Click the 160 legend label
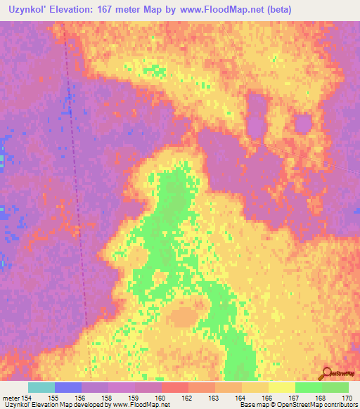point(161,398)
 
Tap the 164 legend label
point(240,398)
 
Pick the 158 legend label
point(108,398)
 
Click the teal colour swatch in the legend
point(41,387)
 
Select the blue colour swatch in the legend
point(68,387)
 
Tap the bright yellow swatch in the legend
point(281,387)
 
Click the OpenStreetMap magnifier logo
point(327,374)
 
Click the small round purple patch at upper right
point(302,125)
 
